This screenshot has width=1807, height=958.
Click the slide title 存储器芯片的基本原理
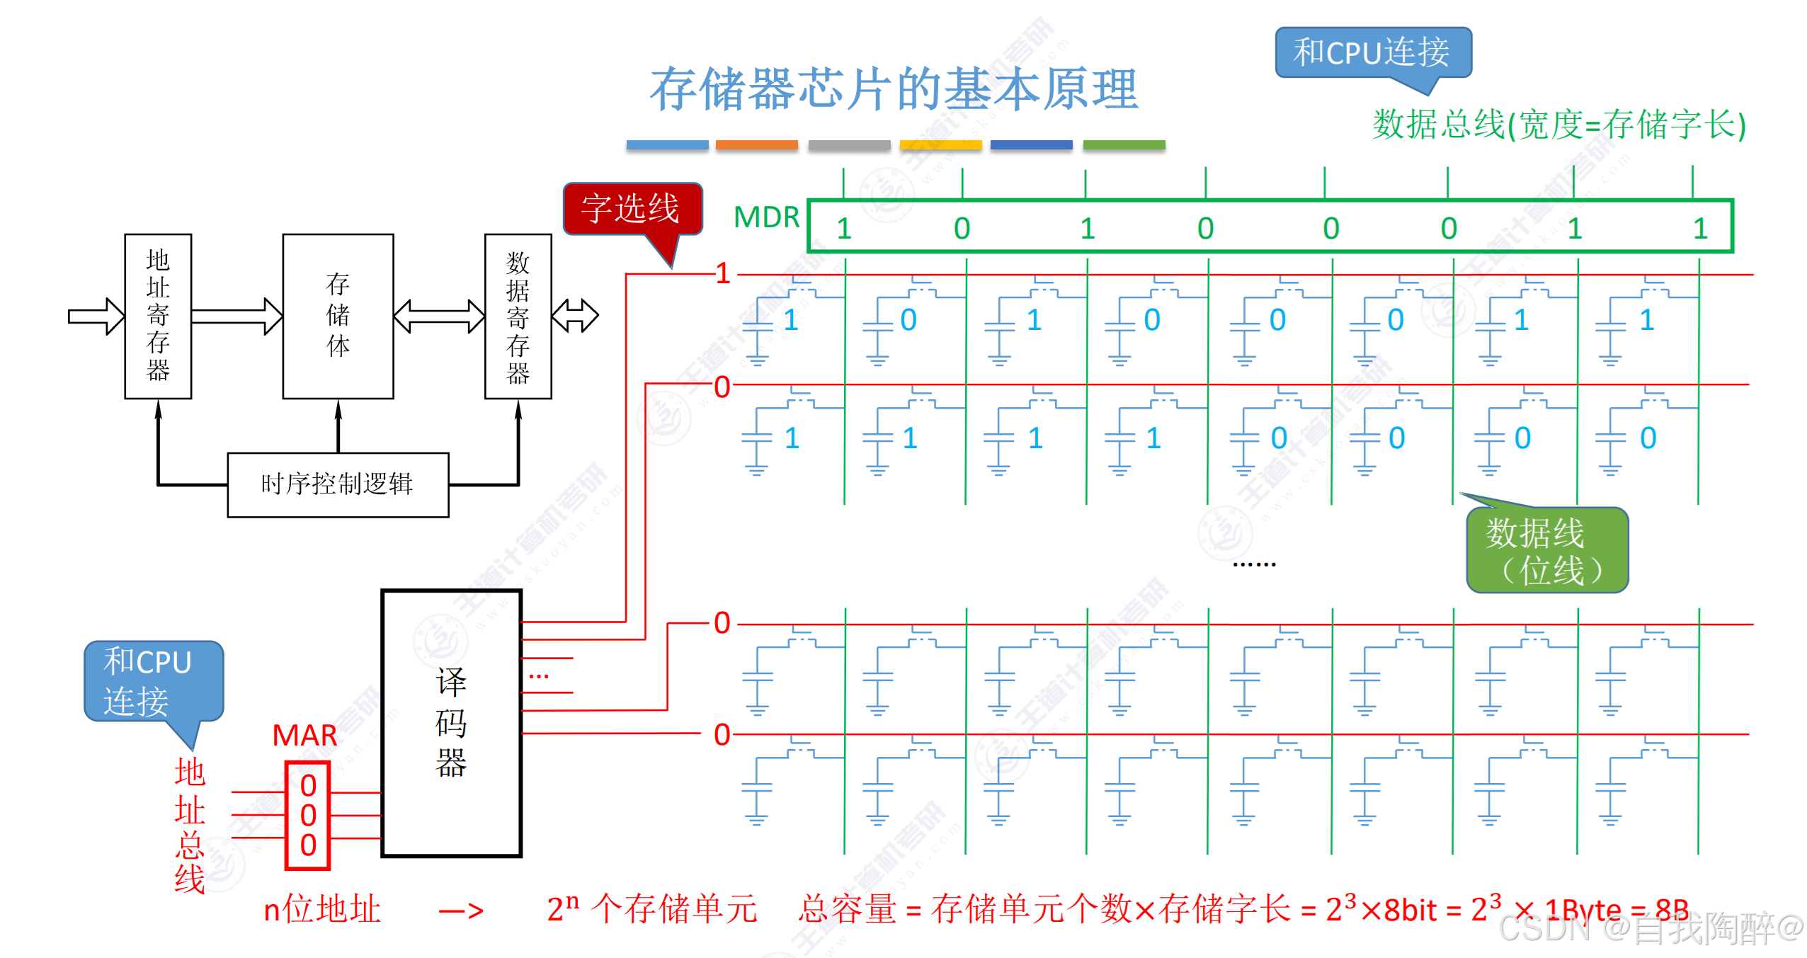pyautogui.click(x=894, y=90)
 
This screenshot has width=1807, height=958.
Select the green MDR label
pyautogui.click(x=766, y=217)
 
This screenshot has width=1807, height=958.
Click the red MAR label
pyautogui.click(x=304, y=736)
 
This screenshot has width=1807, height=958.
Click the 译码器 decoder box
pyautogui.click(x=451, y=723)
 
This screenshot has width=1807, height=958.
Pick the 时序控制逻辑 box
pyautogui.click(x=338, y=485)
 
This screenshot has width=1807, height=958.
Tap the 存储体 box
pyautogui.click(x=338, y=316)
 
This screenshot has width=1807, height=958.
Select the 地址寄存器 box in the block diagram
pyautogui.click(x=158, y=316)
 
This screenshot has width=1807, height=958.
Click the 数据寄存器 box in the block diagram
pyautogui.click(x=518, y=316)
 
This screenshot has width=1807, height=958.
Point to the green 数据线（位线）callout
pyautogui.click(x=1547, y=551)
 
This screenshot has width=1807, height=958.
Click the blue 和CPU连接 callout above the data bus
pyautogui.click(x=1372, y=52)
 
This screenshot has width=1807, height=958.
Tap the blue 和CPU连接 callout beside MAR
pyautogui.click(x=153, y=681)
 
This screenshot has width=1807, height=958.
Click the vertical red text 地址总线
pyautogui.click(x=190, y=826)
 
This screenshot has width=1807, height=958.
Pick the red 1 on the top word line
pyautogui.click(x=723, y=273)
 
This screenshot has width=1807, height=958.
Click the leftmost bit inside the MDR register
pyautogui.click(x=844, y=229)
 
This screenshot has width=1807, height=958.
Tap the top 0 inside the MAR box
pyautogui.click(x=308, y=786)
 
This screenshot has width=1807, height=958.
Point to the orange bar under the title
pyautogui.click(x=756, y=145)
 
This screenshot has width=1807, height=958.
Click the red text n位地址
pyautogui.click(x=322, y=909)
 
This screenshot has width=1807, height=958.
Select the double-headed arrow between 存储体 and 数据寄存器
pyautogui.click(x=439, y=316)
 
